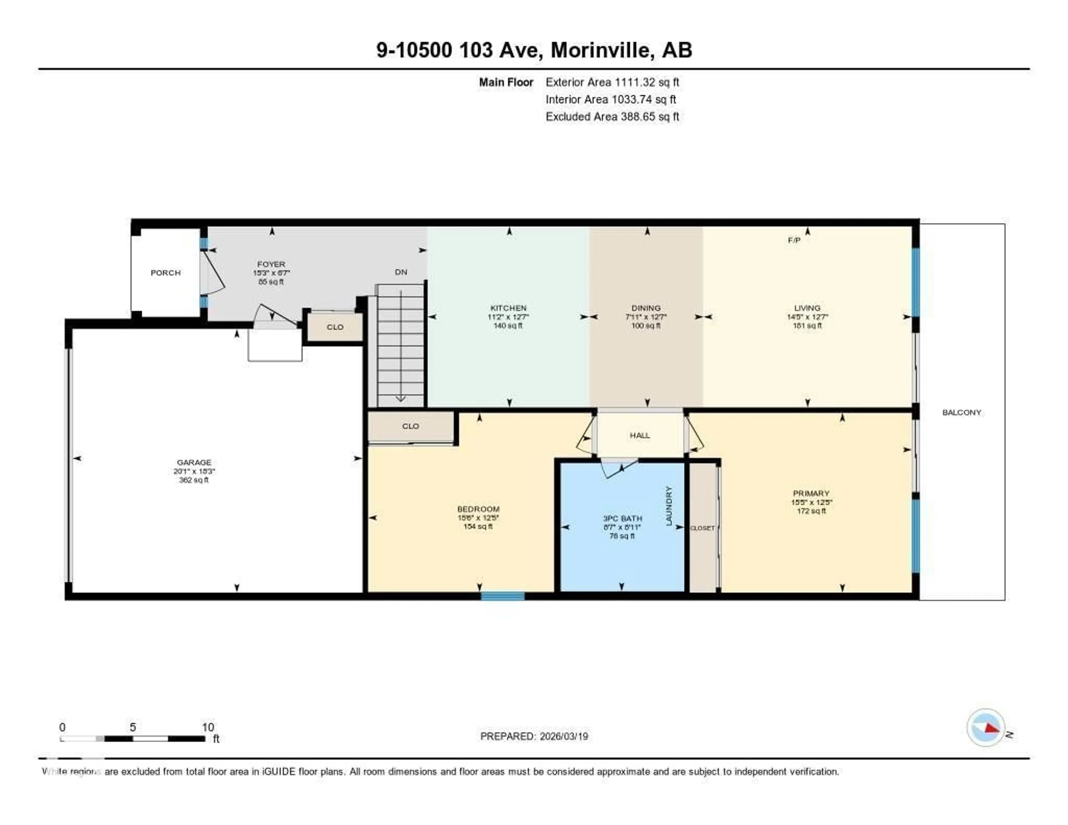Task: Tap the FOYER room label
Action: pyautogui.click(x=271, y=264)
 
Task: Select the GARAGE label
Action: pyautogui.click(x=194, y=462)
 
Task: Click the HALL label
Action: pyautogui.click(x=640, y=435)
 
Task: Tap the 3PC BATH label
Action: pyautogui.click(x=622, y=518)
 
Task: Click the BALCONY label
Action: pyautogui.click(x=961, y=412)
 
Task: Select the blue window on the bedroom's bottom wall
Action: pyautogui.click(x=502, y=596)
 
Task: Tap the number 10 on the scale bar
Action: pyautogui.click(x=208, y=727)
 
